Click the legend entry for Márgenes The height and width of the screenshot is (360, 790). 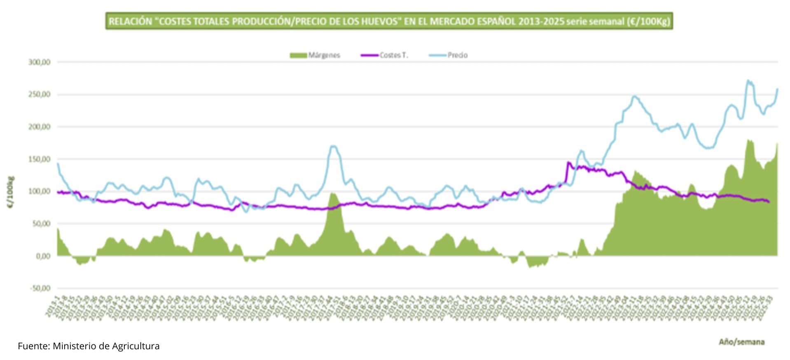pos(316,55)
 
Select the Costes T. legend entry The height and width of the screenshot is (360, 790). pos(385,55)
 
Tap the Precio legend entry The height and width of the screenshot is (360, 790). pos(449,55)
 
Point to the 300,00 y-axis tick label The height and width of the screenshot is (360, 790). pos(40,62)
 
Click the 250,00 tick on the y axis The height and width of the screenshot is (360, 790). pos(40,95)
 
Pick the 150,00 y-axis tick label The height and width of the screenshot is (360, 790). pos(40,159)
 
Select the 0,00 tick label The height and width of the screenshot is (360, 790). pos(43,256)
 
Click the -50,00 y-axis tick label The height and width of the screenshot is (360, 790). pos(40,288)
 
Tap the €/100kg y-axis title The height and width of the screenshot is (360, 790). pos(11,192)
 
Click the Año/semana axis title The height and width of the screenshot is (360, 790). pos(741,342)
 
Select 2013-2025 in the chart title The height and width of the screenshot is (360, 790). pos(541,21)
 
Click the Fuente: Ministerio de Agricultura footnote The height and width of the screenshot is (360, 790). pos(89,346)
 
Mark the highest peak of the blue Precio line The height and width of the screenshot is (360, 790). pos(748,81)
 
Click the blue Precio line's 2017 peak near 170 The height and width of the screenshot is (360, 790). pos(333,146)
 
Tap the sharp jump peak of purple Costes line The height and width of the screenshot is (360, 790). pos(568,163)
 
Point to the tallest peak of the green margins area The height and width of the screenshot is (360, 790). pos(748,140)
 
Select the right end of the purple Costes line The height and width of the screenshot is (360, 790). pos(769,202)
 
